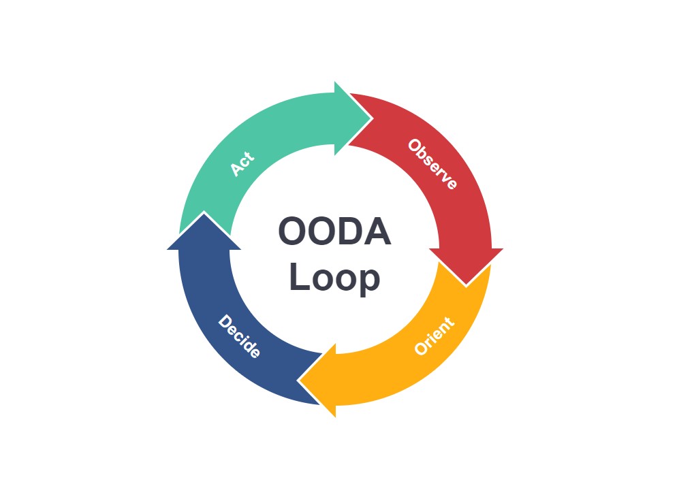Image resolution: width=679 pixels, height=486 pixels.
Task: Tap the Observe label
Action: tap(432, 164)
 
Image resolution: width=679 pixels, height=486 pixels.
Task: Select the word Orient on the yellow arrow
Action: tap(434, 336)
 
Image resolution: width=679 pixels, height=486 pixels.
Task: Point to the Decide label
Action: tap(239, 336)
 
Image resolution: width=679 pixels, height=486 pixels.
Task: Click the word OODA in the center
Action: tap(334, 232)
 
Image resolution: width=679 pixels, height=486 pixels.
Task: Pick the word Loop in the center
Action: tap(334, 278)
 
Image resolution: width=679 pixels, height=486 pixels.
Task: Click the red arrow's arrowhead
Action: tap(467, 272)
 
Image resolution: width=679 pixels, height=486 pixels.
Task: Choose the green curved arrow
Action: tap(272, 129)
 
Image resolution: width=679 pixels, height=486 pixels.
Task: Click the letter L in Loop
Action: tap(298, 278)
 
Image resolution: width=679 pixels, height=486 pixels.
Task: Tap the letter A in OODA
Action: tap(376, 232)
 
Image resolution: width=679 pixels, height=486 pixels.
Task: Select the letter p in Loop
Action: tap(368, 280)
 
